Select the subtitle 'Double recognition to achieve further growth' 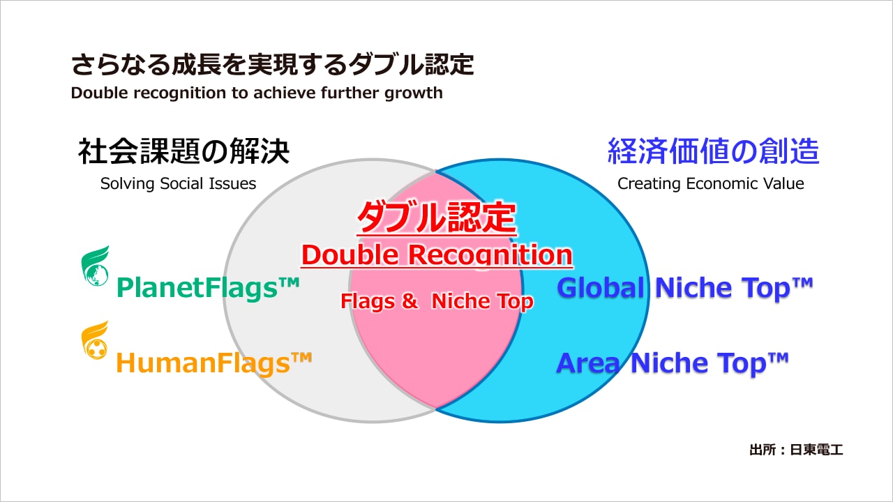(x=257, y=93)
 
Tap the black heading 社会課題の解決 (x=183, y=151)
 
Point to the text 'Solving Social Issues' (x=178, y=183)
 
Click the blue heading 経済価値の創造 (x=713, y=151)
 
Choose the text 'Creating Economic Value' (x=710, y=183)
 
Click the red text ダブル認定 (x=436, y=219)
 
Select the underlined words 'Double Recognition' (x=436, y=255)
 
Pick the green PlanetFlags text (x=208, y=287)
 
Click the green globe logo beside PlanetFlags (x=95, y=266)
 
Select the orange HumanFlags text (x=213, y=363)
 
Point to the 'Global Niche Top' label (x=685, y=287)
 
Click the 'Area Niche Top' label (x=672, y=363)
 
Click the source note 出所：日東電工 (x=796, y=450)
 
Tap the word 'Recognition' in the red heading (x=490, y=255)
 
